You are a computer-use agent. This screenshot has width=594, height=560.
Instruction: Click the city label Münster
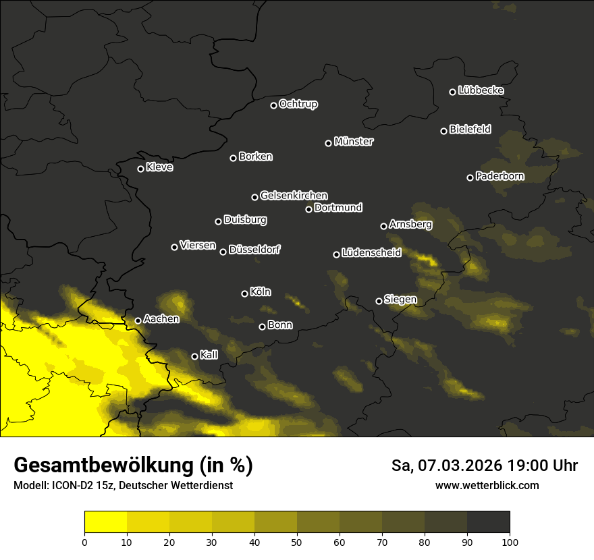353,142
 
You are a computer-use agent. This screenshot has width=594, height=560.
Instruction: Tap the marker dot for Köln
244,293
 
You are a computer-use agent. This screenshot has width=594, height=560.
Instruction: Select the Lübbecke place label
481,90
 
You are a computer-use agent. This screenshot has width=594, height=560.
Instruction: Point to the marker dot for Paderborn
470,177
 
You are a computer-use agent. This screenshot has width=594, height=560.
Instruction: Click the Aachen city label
161,319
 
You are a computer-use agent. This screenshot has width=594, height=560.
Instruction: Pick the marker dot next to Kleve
140,169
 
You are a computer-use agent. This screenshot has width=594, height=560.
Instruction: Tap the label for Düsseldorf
254,250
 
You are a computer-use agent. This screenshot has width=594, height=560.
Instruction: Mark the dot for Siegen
379,301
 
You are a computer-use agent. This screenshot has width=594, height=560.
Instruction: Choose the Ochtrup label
298,104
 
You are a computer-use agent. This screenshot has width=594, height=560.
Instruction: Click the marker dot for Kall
194,356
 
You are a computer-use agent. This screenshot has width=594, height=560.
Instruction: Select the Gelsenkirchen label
294,196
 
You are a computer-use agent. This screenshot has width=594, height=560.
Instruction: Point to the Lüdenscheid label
371,253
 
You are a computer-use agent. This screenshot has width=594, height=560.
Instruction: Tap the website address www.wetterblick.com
487,486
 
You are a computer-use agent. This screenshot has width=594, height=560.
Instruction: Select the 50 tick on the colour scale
297,541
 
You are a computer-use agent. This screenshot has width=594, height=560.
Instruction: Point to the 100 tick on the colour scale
510,541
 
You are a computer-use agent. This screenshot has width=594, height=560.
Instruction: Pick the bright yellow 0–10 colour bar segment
105,522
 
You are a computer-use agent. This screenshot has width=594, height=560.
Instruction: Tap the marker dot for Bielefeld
444,131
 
